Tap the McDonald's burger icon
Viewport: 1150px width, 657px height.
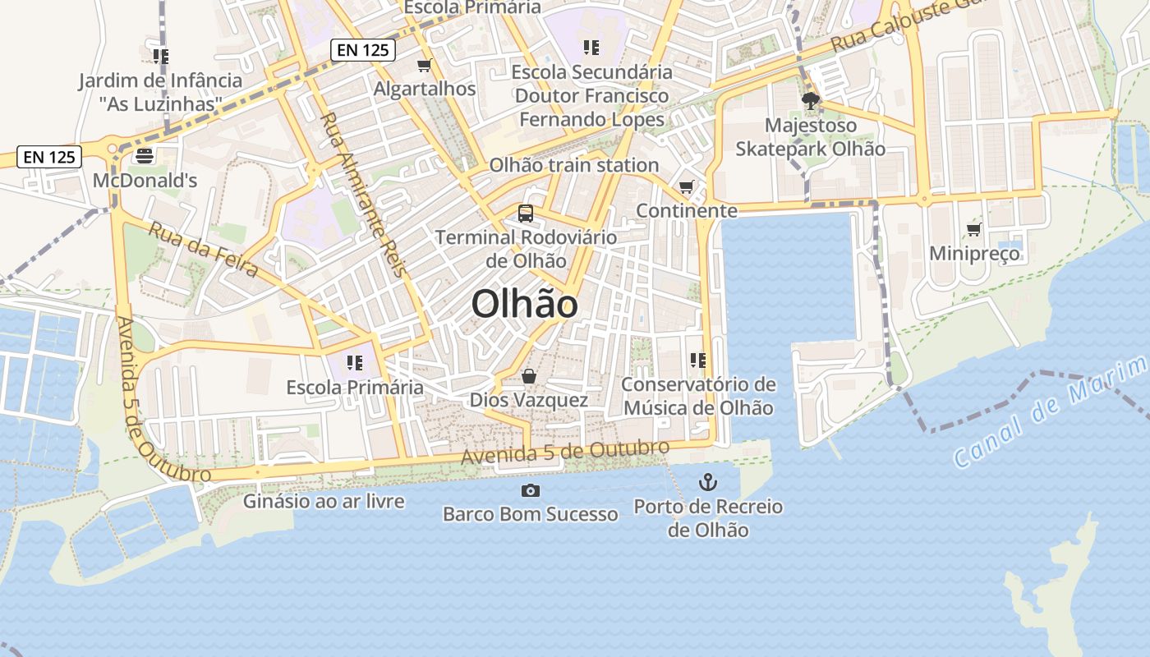pyautogui.click(x=145, y=154)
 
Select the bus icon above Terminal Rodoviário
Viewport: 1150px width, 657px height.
pyautogui.click(x=526, y=214)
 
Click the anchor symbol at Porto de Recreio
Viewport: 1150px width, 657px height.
pyautogui.click(x=707, y=482)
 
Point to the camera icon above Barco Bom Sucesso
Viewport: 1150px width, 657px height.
pyautogui.click(x=531, y=490)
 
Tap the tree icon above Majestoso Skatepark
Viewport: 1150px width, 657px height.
pyautogui.click(x=811, y=101)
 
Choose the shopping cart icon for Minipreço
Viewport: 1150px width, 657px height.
pyautogui.click(x=974, y=229)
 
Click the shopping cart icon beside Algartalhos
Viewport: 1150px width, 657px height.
pyautogui.click(x=425, y=65)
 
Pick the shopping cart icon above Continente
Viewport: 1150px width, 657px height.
pyautogui.click(x=687, y=186)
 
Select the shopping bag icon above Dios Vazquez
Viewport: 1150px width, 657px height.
pyautogui.click(x=529, y=376)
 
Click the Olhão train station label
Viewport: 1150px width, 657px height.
pyautogui.click(x=574, y=165)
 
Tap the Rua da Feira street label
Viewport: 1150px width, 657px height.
pyautogui.click(x=203, y=249)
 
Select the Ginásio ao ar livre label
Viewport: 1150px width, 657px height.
pyautogui.click(x=324, y=500)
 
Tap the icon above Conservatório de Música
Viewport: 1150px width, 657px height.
pyautogui.click(x=698, y=360)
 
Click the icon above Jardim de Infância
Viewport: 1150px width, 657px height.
pyautogui.click(x=160, y=56)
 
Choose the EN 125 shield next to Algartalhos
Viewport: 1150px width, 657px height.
pyautogui.click(x=363, y=50)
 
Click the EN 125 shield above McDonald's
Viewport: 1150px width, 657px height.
pyautogui.click(x=49, y=157)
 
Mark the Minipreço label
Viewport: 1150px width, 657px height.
pyautogui.click(x=974, y=253)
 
